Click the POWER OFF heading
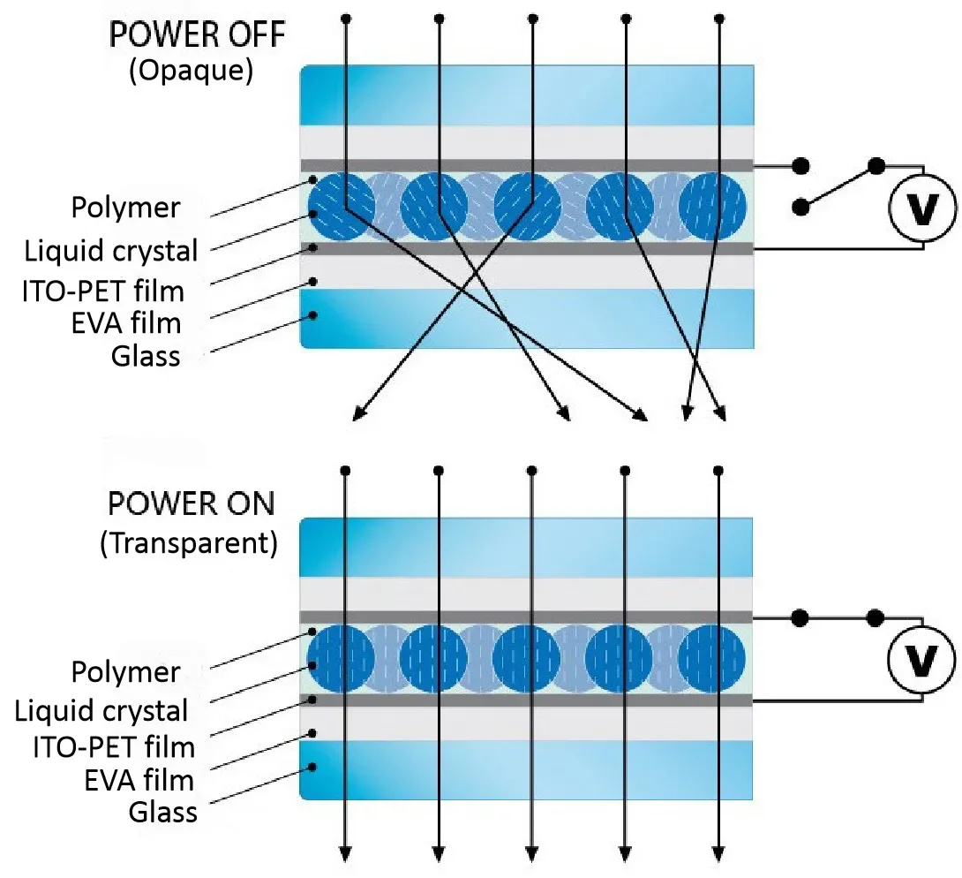point(197,34)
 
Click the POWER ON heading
point(192,504)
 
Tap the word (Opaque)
point(191,71)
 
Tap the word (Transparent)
point(189,542)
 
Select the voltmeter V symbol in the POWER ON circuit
point(921,659)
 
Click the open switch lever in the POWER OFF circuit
point(838,186)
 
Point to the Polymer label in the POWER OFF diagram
point(126,208)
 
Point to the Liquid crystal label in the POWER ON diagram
point(101,711)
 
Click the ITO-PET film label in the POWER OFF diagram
point(103,291)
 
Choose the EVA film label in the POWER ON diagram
point(139,780)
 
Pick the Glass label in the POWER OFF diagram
point(146,356)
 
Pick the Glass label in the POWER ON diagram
point(163,813)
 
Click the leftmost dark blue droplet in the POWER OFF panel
point(342,207)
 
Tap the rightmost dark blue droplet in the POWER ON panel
point(712,658)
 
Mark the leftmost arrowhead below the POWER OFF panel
point(359,414)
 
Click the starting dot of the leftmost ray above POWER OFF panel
point(346,19)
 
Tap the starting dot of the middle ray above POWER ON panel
point(532,471)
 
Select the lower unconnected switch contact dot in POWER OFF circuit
point(800,208)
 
